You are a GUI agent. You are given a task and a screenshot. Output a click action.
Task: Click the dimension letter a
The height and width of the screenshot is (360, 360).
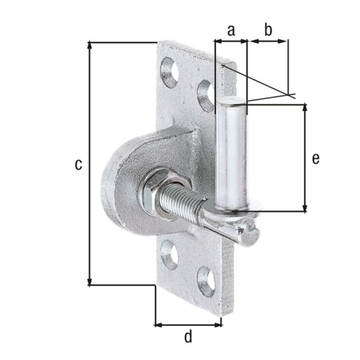click(x=231, y=31)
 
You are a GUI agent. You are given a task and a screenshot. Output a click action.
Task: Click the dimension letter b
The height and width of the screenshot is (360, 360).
click(x=268, y=31)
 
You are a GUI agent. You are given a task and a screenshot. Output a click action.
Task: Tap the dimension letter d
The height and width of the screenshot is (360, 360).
click(x=188, y=337)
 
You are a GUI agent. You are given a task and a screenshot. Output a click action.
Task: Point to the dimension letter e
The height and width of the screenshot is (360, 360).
click(x=315, y=158)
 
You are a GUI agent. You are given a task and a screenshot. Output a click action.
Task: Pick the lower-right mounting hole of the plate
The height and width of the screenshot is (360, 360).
click(x=206, y=281)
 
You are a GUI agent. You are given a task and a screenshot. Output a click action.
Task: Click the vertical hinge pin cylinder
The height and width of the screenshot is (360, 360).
click(x=231, y=155)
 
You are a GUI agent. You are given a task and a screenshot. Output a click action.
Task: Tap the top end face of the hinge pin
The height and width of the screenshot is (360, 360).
click(x=232, y=101)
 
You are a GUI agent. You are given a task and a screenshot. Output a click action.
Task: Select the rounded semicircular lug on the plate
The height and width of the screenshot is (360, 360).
click(x=122, y=180)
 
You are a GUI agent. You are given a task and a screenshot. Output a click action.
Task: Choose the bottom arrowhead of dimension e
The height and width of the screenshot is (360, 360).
click(x=305, y=209)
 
